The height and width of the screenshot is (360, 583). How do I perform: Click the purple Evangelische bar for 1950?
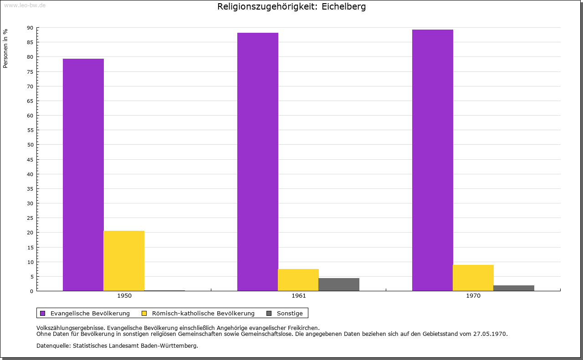click(x=83, y=175)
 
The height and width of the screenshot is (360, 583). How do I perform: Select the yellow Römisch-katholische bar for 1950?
click(x=124, y=261)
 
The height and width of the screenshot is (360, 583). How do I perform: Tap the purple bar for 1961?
click(x=258, y=162)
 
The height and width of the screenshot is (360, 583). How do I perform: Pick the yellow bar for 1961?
click(x=298, y=280)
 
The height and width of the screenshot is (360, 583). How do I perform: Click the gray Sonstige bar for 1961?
click(x=339, y=284)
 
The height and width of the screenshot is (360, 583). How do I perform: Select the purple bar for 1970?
click(x=432, y=160)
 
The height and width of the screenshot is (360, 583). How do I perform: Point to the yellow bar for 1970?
click(x=473, y=278)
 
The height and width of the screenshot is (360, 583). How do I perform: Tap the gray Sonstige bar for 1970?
click(x=514, y=288)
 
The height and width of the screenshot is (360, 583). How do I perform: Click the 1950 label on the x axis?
click(x=124, y=296)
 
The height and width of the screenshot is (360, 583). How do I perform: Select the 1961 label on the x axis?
click(x=299, y=296)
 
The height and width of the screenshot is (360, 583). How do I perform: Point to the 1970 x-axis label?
click(x=473, y=296)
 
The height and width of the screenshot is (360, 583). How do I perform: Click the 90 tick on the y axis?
click(x=30, y=28)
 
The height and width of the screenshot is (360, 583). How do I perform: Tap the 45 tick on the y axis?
click(x=30, y=160)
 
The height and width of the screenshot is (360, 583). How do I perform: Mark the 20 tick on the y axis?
click(x=30, y=233)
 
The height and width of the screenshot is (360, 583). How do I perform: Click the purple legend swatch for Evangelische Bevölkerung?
click(x=43, y=313)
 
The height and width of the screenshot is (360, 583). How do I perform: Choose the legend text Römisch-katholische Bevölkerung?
click(x=203, y=313)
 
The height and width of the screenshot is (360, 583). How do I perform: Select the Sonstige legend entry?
click(x=290, y=313)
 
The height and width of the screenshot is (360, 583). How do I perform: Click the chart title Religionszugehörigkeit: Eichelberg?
click(x=291, y=7)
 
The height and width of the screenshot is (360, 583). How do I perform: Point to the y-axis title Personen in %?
click(x=5, y=48)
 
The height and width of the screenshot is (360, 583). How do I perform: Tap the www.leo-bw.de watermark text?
click(x=25, y=5)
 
